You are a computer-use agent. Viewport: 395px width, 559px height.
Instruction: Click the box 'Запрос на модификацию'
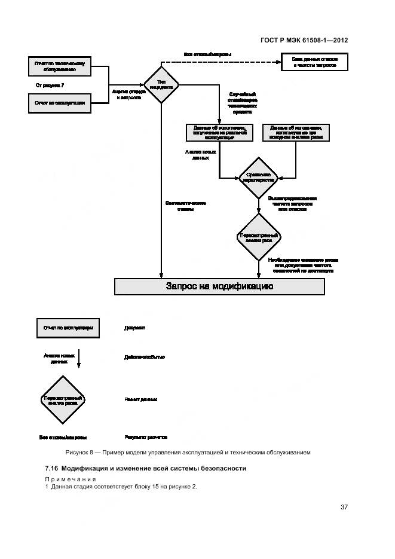pyautogui.click(x=219, y=286)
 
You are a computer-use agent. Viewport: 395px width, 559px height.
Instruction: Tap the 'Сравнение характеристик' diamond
pyautogui.click(x=258, y=178)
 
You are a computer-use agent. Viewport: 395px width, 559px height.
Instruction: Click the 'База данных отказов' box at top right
pyautogui.click(x=314, y=62)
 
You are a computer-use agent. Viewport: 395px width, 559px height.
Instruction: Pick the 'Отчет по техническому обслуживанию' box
pyautogui.click(x=59, y=66)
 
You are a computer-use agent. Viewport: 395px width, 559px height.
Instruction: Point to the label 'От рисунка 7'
pyautogui.click(x=50, y=85)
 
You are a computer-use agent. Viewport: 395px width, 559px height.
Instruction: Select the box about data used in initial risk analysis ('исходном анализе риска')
pyautogui.click(x=296, y=132)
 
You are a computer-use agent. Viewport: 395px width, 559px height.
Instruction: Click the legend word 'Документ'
pyautogui.click(x=135, y=328)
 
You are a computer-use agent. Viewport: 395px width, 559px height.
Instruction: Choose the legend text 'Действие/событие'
pyautogui.click(x=145, y=357)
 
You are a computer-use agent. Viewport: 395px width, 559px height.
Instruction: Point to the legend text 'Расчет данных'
pyautogui.click(x=141, y=399)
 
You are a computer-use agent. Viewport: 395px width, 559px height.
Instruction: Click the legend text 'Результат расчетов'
pyautogui.click(x=146, y=437)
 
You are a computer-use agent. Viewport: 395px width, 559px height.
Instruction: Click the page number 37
pyautogui.click(x=344, y=507)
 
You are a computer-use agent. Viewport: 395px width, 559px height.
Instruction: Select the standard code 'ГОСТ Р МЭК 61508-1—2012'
pyautogui.click(x=304, y=41)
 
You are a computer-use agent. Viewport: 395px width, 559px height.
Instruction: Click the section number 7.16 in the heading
pyautogui.click(x=51, y=468)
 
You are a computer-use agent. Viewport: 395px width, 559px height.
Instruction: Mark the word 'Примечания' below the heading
pyautogui.click(x=70, y=479)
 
